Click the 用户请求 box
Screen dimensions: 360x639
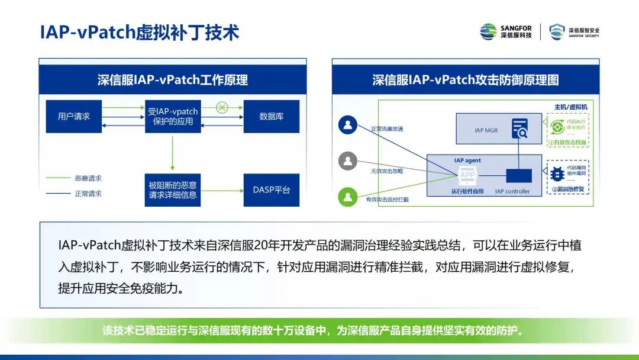coord(74,117)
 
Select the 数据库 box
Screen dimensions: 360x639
coord(271,117)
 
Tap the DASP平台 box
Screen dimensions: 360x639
coord(271,190)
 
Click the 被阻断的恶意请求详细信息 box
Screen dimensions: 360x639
coord(173,190)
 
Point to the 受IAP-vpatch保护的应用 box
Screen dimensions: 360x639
coord(173,117)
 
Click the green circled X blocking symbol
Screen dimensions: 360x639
coord(222,107)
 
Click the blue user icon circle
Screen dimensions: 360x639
coord(348,125)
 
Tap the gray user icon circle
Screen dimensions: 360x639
coord(348,160)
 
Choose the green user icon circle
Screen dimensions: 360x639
coord(348,196)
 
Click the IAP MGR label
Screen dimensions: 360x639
coord(487,130)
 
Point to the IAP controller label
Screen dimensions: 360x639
coord(512,191)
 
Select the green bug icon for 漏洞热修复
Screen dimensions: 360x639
coord(557,174)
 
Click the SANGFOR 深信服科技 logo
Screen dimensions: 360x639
coord(506,32)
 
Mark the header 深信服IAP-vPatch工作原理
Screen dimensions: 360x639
coord(173,80)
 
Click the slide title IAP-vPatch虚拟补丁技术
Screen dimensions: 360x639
coord(140,32)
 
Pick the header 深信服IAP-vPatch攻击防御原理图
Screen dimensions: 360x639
coord(465,80)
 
